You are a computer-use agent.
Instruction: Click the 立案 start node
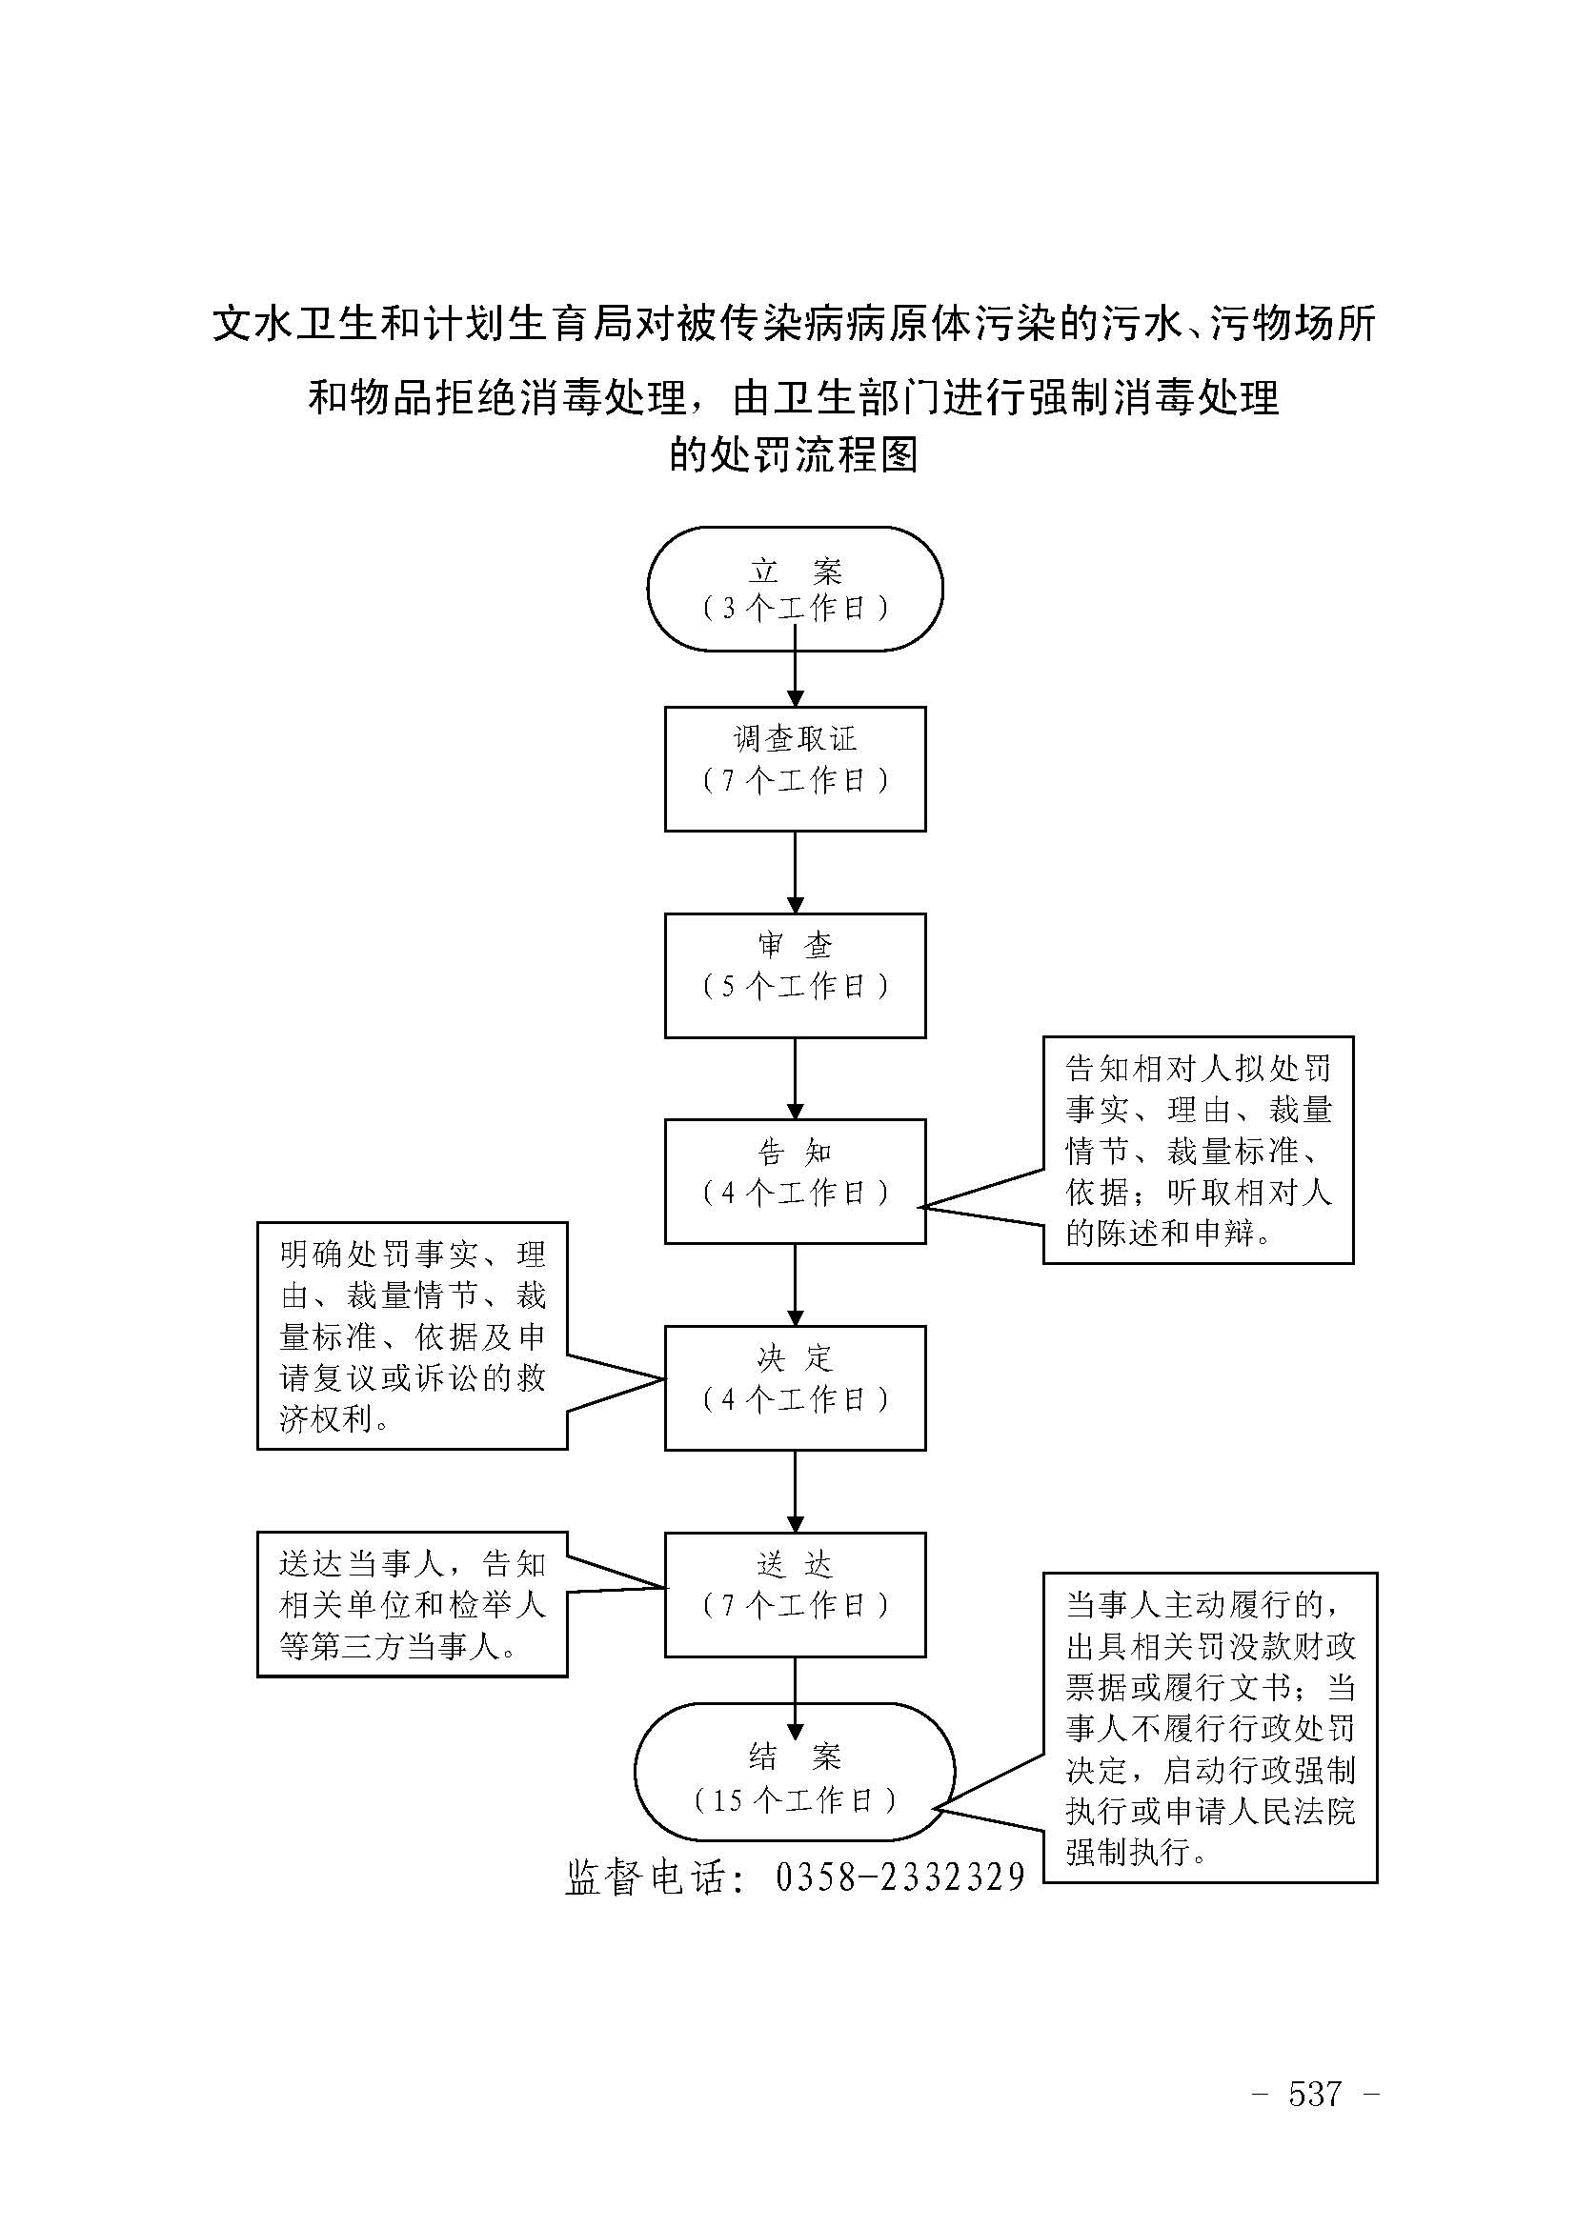pos(795,588)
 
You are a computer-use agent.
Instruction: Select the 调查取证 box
pos(795,769)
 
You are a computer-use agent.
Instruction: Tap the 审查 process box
pos(795,975)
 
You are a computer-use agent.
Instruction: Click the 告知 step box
pos(795,1181)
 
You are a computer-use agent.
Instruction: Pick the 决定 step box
pos(795,1388)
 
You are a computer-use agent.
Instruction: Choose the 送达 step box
pos(795,1595)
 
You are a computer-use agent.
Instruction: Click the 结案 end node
pos(795,1773)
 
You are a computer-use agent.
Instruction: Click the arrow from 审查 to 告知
pos(795,1078)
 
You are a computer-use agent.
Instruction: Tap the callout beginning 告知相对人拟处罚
pos(1198,1150)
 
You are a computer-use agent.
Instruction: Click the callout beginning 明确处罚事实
pos(412,1336)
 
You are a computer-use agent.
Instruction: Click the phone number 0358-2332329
pos(899,1877)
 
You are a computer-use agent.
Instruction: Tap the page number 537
pos(1315,2093)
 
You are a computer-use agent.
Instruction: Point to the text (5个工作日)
pos(795,987)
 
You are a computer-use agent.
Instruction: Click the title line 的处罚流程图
pos(793,454)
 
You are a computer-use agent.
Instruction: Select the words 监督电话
pos(644,1877)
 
